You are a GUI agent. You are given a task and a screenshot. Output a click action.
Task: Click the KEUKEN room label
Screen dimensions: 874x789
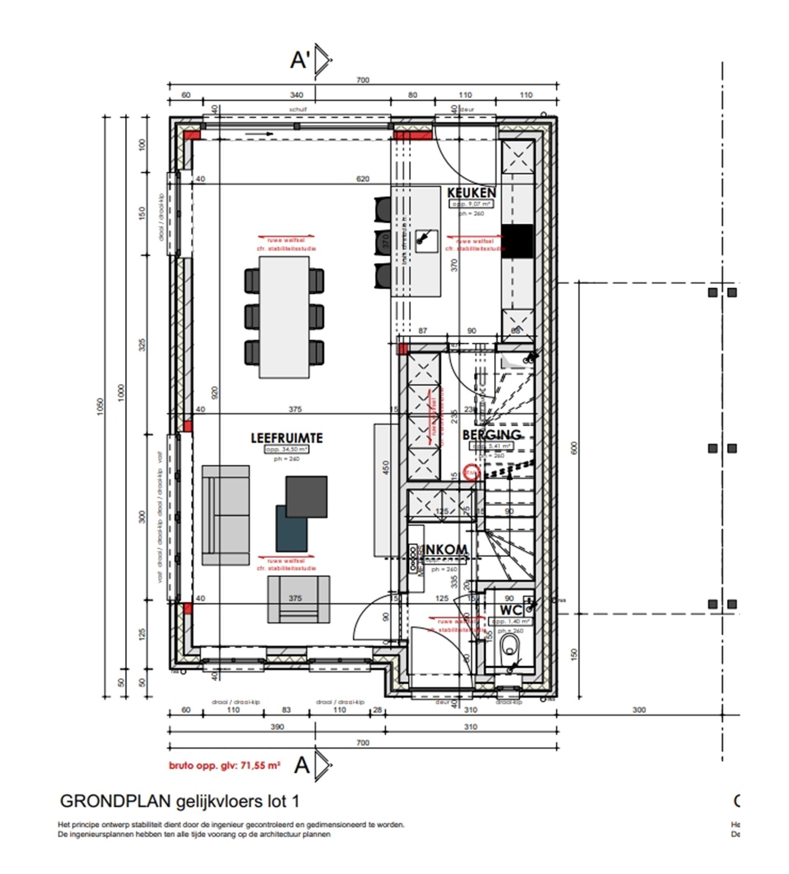tap(471, 193)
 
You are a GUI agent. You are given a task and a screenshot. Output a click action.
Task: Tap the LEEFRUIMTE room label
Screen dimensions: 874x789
tap(286, 438)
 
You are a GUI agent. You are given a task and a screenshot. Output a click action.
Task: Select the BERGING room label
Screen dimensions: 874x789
tap(491, 434)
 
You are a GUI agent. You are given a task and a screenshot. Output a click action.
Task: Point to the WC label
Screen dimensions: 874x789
tap(511, 610)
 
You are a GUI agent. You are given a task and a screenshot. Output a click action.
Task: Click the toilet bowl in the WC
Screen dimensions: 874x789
tap(509, 648)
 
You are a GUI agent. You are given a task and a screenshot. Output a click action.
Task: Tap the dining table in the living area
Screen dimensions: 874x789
tap(284, 317)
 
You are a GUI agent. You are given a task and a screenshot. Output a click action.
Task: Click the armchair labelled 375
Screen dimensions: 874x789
tap(298, 599)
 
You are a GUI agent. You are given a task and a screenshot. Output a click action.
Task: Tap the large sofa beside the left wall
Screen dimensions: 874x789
tap(226, 515)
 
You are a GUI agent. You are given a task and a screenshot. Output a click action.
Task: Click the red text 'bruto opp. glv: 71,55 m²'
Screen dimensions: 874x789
tap(224, 766)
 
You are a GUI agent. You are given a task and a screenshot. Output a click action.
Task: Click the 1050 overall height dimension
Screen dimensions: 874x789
tap(101, 407)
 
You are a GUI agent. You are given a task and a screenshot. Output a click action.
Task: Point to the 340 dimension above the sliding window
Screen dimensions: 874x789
tap(296, 95)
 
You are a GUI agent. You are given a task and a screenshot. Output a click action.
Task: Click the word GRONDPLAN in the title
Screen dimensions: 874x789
tap(115, 802)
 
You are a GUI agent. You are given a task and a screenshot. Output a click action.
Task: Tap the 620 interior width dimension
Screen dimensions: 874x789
tap(362, 179)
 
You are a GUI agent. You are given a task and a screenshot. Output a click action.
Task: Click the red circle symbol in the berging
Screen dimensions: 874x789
tap(471, 472)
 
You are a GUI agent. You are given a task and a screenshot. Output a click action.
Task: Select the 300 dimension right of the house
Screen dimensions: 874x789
tap(639, 710)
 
